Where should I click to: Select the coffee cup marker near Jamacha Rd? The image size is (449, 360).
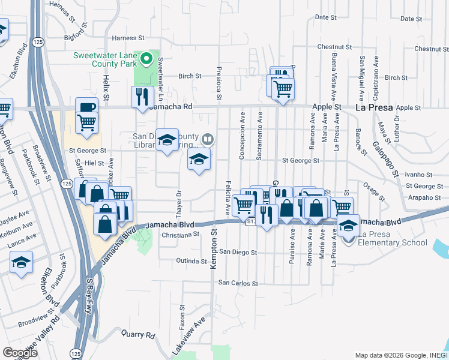(87, 106)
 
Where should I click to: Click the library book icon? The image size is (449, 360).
(207, 139)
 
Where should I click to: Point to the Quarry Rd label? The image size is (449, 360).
(138, 334)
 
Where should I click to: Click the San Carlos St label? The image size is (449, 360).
(238, 283)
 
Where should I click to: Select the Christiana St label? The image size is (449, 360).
(180, 235)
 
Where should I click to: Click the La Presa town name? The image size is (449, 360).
(374, 108)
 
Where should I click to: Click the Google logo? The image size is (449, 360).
(20, 352)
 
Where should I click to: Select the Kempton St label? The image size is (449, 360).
(212, 250)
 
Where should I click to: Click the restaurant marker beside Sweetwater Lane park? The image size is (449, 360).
(142, 96)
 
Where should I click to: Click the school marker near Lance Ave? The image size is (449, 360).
(22, 262)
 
